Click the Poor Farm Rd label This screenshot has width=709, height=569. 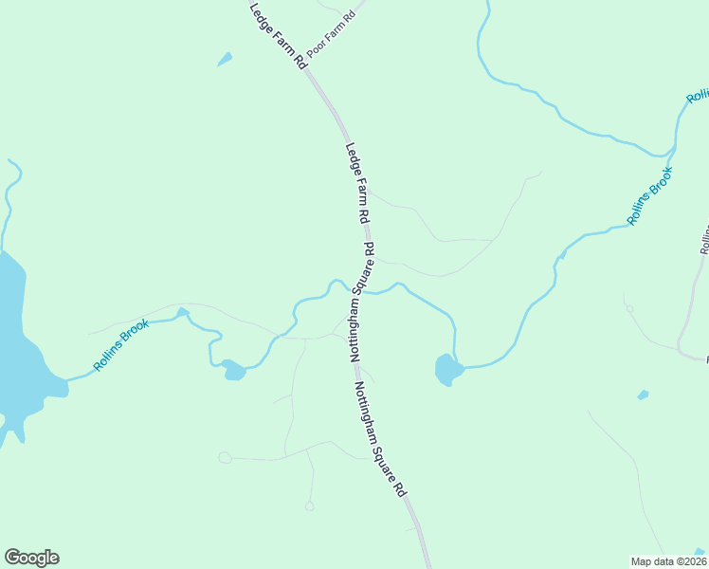click(331, 33)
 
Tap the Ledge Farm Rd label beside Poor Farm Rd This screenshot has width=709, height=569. click(278, 35)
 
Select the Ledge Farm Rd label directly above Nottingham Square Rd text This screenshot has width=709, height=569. click(356, 183)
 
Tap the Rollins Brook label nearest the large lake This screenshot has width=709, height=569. click(121, 345)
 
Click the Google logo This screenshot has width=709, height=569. click(31, 558)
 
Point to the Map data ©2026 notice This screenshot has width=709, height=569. click(668, 560)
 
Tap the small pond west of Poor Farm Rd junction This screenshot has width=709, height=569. click(225, 60)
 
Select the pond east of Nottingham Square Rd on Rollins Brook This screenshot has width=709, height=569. click(446, 369)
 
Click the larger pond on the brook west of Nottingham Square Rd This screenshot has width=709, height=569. click(233, 370)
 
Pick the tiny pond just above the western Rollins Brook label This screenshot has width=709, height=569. click(183, 312)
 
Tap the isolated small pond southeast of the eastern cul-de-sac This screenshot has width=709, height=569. click(644, 395)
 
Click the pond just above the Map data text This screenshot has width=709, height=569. click(700, 551)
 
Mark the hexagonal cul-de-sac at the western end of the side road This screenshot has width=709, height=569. click(225, 458)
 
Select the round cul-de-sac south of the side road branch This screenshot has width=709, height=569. click(309, 506)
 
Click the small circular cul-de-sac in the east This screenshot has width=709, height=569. click(627, 308)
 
